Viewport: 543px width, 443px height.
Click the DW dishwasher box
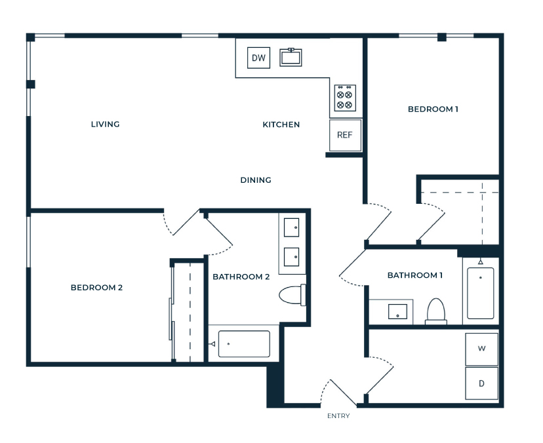pyautogui.click(x=258, y=58)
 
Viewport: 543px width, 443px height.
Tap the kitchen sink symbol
pyautogui.click(x=291, y=57)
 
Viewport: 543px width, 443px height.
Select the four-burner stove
pyautogui.click(x=345, y=98)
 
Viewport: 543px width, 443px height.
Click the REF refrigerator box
pyautogui.click(x=345, y=135)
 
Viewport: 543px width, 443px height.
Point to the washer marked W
pyautogui.click(x=482, y=349)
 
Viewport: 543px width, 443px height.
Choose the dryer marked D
pyautogui.click(x=482, y=383)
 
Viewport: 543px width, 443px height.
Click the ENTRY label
pyautogui.click(x=338, y=415)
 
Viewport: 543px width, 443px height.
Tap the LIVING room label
pyautogui.click(x=106, y=125)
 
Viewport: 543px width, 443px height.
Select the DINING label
pyautogui.click(x=256, y=180)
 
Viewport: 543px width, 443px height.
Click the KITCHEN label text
pyautogui.click(x=281, y=125)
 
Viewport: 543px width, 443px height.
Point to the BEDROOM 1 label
pyautogui.click(x=433, y=109)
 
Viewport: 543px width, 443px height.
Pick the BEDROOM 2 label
pyautogui.click(x=96, y=288)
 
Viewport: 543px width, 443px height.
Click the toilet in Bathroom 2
pyautogui.click(x=292, y=295)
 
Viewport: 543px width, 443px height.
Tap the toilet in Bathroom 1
pyautogui.click(x=436, y=311)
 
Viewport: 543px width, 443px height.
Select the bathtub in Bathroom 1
pyautogui.click(x=480, y=293)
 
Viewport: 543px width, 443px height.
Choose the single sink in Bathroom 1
pyautogui.click(x=397, y=311)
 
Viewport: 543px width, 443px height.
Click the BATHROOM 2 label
pyautogui.click(x=241, y=277)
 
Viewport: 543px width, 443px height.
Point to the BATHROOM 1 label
pyautogui.click(x=415, y=275)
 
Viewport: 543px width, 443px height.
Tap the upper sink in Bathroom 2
pyautogui.click(x=292, y=227)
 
